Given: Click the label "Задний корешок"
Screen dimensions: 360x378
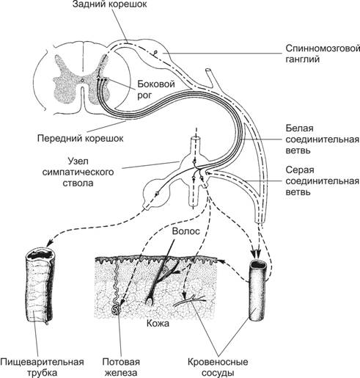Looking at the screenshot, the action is (110, 4).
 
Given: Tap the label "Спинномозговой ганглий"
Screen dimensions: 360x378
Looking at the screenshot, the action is (323, 54).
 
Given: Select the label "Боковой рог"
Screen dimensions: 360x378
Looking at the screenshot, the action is (156, 90).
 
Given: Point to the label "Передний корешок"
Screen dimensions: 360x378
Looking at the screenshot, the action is (81, 139).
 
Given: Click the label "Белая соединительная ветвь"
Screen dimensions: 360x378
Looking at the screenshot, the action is (323, 139).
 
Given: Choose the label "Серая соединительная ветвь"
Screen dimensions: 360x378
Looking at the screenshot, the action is (323, 181).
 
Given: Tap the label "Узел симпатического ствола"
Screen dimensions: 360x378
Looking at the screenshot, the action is (78, 172).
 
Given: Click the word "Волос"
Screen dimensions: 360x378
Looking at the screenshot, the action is (185, 231).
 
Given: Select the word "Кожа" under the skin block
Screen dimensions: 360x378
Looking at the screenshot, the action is (158, 324).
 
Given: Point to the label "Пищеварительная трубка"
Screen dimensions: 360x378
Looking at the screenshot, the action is (42, 367).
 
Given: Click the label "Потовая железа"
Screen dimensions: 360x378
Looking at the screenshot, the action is (121, 367).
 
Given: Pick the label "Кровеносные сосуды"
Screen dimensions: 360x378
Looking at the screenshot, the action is (218, 367).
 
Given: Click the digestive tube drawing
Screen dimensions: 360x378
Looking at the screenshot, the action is (40, 286).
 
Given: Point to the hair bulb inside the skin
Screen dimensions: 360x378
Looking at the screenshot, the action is (149, 301).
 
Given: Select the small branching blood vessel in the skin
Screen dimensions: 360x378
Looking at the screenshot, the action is (189, 300).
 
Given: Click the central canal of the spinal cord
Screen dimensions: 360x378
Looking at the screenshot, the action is (82, 80).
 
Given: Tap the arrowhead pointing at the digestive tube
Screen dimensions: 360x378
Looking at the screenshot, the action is (49, 242).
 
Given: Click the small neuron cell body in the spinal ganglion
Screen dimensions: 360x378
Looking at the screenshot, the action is (155, 52).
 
